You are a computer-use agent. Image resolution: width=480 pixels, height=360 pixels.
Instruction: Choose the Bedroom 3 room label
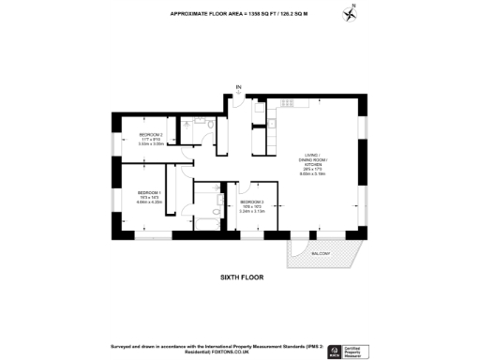(252, 206)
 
